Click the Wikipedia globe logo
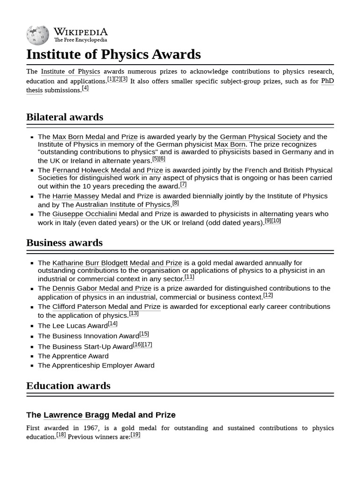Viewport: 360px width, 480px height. click(37, 35)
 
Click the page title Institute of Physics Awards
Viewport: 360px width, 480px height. click(113, 54)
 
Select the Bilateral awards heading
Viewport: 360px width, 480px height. click(65, 117)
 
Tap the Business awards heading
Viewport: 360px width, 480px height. click(64, 242)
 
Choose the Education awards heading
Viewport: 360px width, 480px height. click(68, 386)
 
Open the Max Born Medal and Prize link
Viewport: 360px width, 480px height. click(95, 137)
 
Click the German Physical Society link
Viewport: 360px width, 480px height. click(260, 137)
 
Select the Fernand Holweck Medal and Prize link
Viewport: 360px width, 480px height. click(107, 170)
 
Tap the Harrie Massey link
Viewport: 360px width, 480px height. click(75, 196)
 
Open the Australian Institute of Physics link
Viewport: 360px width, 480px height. click(122, 205)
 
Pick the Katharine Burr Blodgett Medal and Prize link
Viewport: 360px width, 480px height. click(117, 263)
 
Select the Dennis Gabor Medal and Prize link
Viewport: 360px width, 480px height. click(102, 288)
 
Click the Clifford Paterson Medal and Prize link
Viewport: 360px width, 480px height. click(106, 307)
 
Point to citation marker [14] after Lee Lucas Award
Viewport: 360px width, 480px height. click(112, 323)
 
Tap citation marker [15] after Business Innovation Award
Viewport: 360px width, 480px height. click(144, 334)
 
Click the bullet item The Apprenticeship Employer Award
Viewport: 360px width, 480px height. click(96, 365)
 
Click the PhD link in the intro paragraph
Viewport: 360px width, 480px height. click(327, 81)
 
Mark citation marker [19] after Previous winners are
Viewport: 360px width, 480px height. click(135, 435)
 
